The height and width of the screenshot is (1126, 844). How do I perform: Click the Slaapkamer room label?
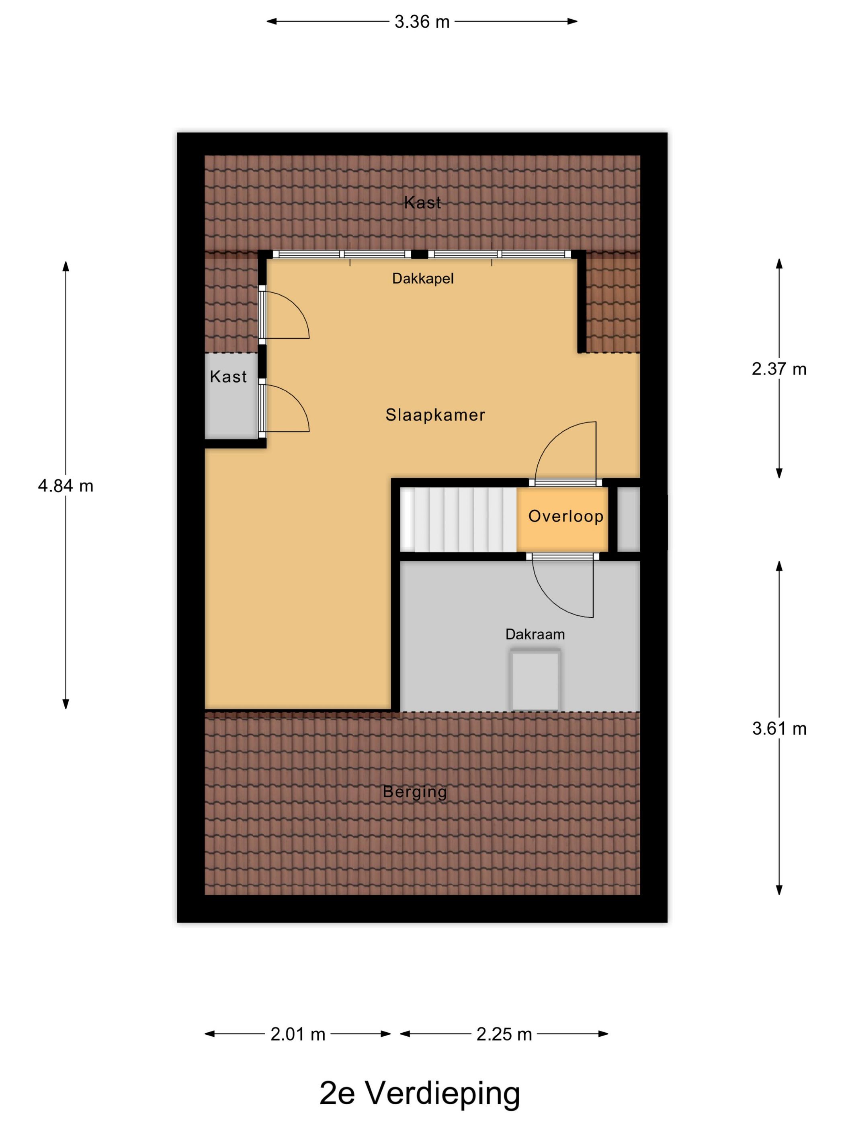[435, 415]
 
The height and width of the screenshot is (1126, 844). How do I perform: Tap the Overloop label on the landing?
[566, 516]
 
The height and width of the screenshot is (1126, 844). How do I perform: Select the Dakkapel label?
[423, 278]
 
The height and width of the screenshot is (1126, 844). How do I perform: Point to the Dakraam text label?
[535, 634]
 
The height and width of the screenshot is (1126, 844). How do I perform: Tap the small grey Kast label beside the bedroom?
[228, 377]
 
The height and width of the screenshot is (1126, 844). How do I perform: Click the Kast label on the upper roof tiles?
[422, 203]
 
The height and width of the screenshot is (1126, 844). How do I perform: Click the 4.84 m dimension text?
[66, 486]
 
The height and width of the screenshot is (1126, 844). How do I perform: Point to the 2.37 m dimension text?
[779, 369]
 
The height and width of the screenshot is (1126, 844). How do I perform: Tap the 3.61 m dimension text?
[779, 729]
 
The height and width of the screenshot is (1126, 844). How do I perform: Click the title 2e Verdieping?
[420, 1093]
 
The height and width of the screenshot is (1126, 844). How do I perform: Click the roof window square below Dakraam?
[535, 680]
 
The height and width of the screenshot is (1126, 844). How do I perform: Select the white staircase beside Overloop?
[459, 519]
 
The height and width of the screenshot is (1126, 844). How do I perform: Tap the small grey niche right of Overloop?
[628, 519]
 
